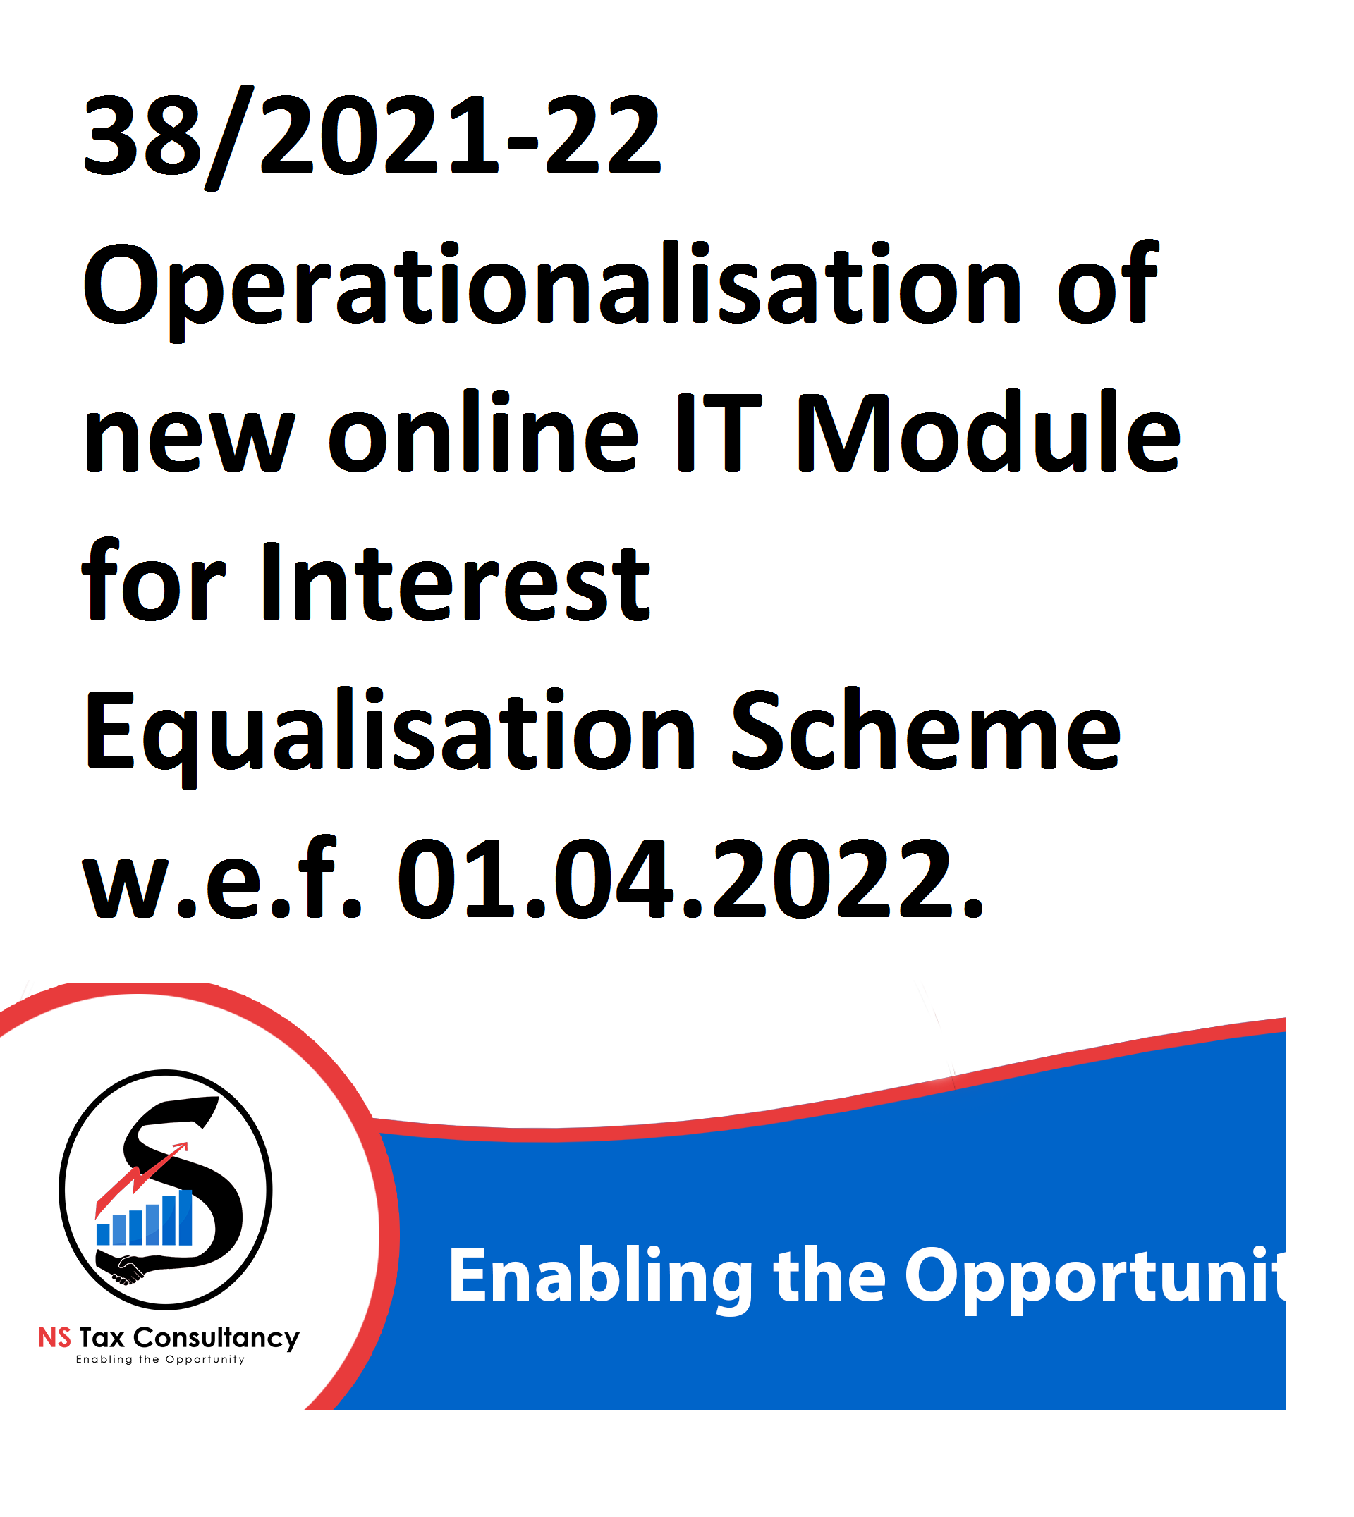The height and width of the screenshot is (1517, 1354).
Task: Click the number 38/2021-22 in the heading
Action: [x=371, y=137]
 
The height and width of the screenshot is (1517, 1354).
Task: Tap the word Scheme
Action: [x=925, y=730]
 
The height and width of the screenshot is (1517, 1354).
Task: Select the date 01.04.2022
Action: [x=690, y=879]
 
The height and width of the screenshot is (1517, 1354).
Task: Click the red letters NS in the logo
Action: [x=55, y=1339]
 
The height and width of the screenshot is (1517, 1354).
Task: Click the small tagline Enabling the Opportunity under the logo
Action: [x=161, y=1360]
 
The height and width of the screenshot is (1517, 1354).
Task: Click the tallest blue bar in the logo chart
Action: [x=185, y=1218]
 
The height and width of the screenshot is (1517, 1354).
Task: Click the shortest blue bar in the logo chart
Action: [x=103, y=1234]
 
